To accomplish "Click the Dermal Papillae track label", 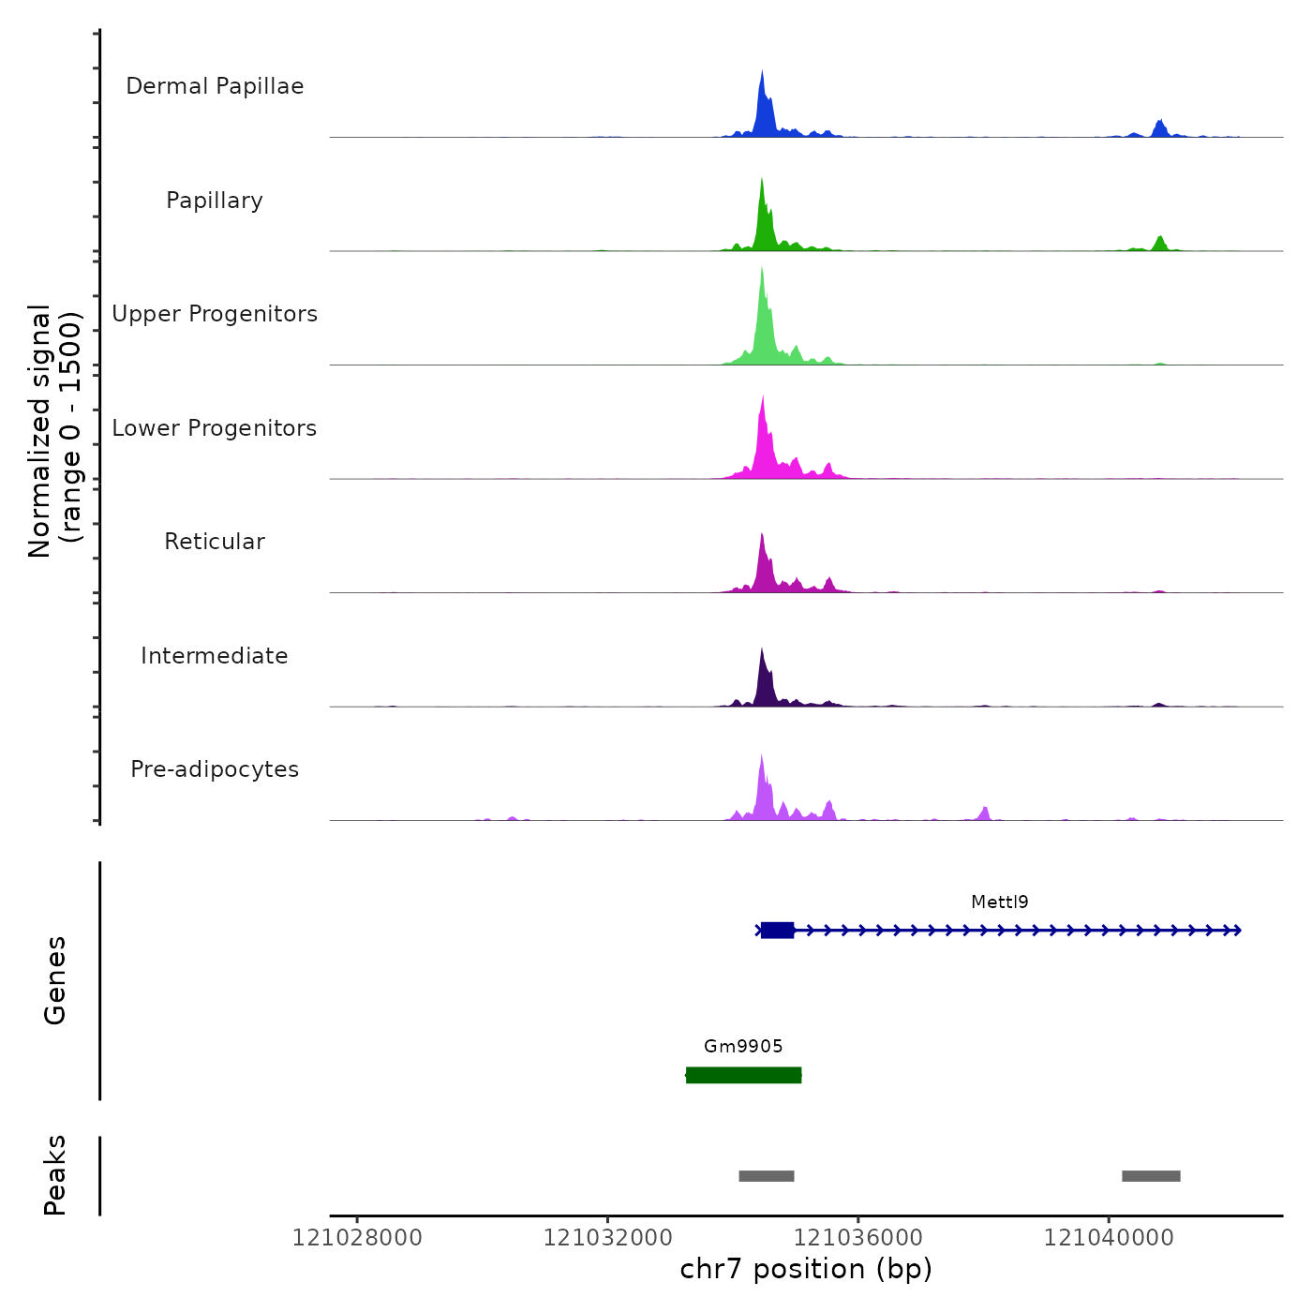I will pyautogui.click(x=215, y=86).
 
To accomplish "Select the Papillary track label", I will pyautogui.click(x=215, y=201).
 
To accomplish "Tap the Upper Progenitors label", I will pyautogui.click(x=215, y=314).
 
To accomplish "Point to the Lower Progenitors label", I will pyautogui.click(x=215, y=428).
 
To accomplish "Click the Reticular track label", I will pyautogui.click(x=215, y=542).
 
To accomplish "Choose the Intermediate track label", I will pyautogui.click(x=215, y=656).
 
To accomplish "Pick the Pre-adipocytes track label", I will pyautogui.click(x=215, y=769).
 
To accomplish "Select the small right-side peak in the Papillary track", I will pyautogui.click(x=1160, y=244).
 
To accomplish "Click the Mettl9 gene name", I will pyautogui.click(x=1000, y=902).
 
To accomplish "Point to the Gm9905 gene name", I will pyautogui.click(x=743, y=1047).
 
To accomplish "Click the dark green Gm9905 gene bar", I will pyautogui.click(x=743, y=1075).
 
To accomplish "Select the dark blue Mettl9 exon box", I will pyautogui.click(x=777, y=931).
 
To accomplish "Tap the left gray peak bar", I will pyautogui.click(x=767, y=1176).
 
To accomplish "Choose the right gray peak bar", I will pyautogui.click(x=1151, y=1176).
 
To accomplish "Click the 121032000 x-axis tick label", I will pyautogui.click(x=607, y=1238).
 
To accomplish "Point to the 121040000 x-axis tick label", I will pyautogui.click(x=1109, y=1238).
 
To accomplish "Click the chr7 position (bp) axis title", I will pyautogui.click(x=806, y=1270).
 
